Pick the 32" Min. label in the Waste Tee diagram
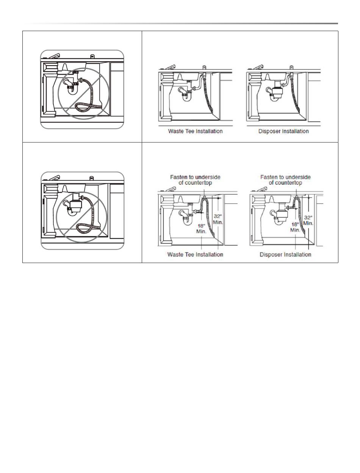tap(218, 219)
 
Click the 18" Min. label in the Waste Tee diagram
tap(201, 228)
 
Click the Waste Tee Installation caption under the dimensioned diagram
tap(195, 254)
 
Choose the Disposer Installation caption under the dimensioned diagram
tap(285, 254)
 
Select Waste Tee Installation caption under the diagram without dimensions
tap(195, 131)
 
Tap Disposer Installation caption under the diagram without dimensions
tap(284, 131)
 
